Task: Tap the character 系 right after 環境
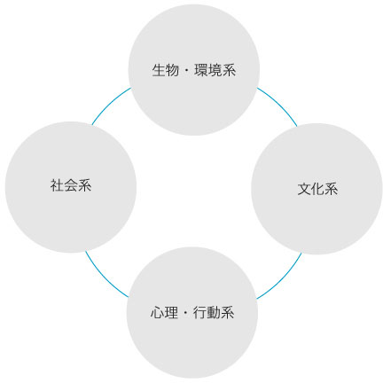(x=229, y=70)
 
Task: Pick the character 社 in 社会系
(x=57, y=185)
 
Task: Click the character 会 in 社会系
(x=71, y=185)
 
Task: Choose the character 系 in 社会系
(x=84, y=185)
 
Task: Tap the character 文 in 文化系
(x=304, y=189)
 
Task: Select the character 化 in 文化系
(x=318, y=189)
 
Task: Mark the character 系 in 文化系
(x=332, y=189)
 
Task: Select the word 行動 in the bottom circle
(x=207, y=313)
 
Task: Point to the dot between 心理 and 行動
(x=185, y=313)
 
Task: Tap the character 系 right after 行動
(x=227, y=313)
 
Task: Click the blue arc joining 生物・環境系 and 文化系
(x=279, y=105)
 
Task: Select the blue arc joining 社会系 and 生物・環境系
(x=109, y=104)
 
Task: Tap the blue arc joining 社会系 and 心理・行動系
(x=105, y=277)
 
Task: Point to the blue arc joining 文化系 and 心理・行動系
(x=282, y=278)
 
